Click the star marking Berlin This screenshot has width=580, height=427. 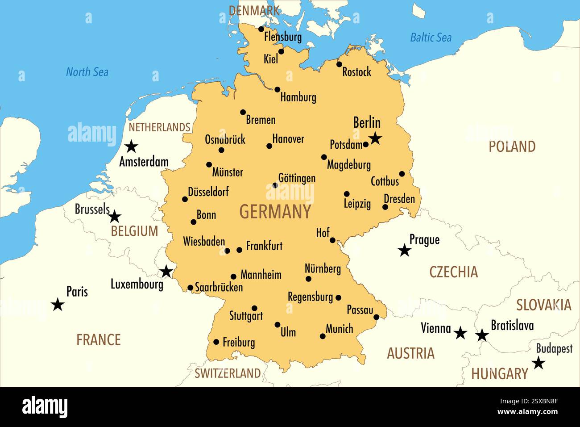point(375,138)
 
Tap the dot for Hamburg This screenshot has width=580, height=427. point(277,90)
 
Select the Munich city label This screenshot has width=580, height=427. point(339,329)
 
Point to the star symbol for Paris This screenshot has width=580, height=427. point(58,305)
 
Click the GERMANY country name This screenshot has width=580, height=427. point(275,212)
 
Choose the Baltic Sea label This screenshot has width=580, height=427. point(431,38)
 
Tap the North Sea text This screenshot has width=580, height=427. point(87,72)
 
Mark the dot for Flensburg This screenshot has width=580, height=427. point(261,29)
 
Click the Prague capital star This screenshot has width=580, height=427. point(404,250)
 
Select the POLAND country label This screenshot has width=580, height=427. point(512,147)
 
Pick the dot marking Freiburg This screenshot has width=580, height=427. point(216,342)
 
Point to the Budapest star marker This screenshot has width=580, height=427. point(539,363)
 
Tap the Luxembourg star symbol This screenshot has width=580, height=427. point(166,271)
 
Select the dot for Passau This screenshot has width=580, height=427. point(376,317)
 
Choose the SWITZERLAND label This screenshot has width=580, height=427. point(228,373)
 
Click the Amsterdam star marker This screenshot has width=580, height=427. point(131,146)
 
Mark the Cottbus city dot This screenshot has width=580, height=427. point(402,174)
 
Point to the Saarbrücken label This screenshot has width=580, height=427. point(219,287)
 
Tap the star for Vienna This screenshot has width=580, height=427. point(460,333)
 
